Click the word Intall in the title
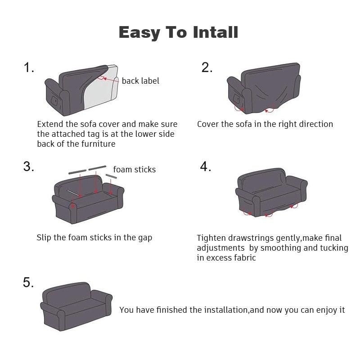click(216, 32)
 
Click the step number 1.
click(29, 68)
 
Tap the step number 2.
click(207, 67)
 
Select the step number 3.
click(29, 166)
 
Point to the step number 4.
click(206, 166)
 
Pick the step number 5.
click(28, 283)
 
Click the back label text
click(140, 81)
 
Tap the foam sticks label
click(134, 170)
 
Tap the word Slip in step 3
click(44, 238)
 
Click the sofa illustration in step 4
click(270, 193)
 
